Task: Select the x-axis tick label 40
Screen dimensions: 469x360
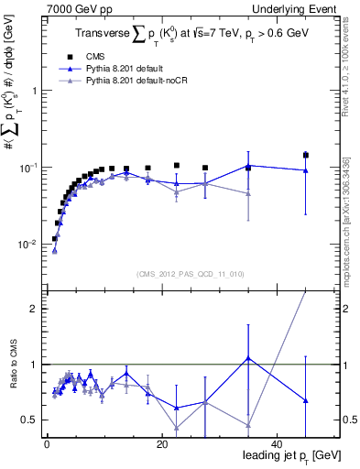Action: click(277, 443)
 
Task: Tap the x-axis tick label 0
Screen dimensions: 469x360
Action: click(47, 443)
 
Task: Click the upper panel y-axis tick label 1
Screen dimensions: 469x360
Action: click(34, 91)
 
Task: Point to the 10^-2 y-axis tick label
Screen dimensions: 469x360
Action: click(27, 245)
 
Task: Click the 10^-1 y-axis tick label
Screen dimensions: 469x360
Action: click(27, 168)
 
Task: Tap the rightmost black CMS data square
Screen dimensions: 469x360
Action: click(306, 156)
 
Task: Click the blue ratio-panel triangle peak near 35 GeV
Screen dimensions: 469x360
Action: click(248, 358)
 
